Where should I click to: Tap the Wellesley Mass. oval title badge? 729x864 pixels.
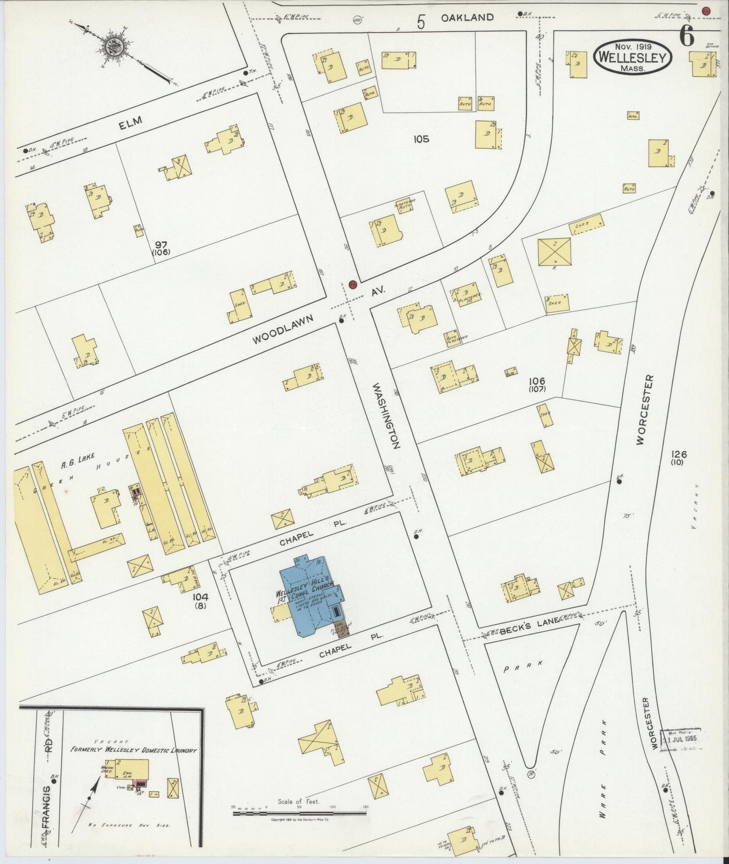click(634, 57)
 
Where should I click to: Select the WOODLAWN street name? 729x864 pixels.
click(284, 330)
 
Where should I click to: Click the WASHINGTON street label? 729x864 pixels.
click(387, 416)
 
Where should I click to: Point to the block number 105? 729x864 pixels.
click(421, 139)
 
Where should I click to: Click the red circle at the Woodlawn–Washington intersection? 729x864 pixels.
click(353, 284)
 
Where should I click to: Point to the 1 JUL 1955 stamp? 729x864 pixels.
click(684, 739)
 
